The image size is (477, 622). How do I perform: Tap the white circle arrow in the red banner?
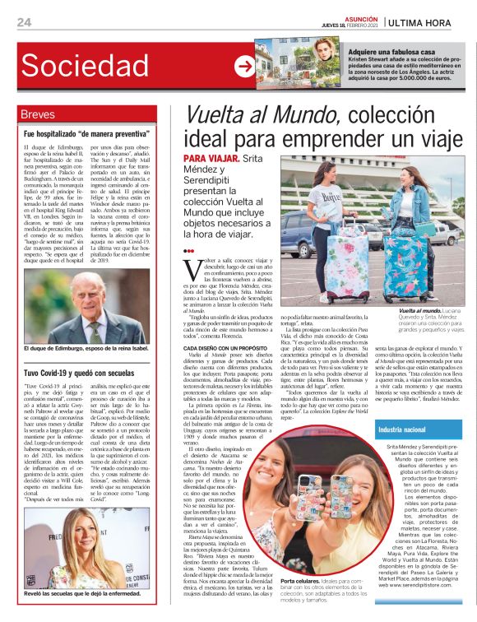click(244, 67)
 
